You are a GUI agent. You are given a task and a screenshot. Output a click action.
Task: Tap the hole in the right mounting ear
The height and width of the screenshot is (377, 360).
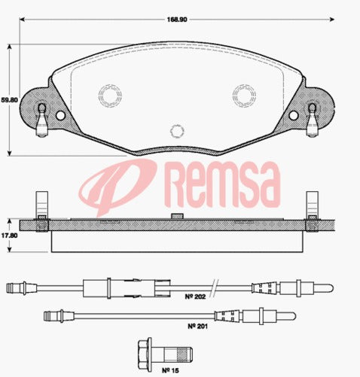pos(292,116)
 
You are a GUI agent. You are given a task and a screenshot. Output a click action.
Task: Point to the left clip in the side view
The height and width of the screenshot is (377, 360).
pos(42,210)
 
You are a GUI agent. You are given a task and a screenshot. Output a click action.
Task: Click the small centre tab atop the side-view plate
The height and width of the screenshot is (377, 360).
pos(178,216)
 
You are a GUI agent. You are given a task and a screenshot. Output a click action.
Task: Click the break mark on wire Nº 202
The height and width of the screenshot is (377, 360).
pos(217,287)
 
